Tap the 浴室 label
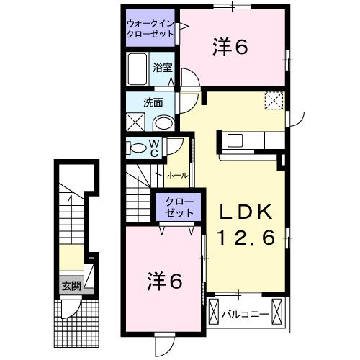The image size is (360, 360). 163,68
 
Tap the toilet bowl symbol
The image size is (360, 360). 138,148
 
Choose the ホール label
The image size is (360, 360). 178,175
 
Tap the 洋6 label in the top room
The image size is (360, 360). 230,47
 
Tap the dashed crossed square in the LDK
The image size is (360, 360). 274,101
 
